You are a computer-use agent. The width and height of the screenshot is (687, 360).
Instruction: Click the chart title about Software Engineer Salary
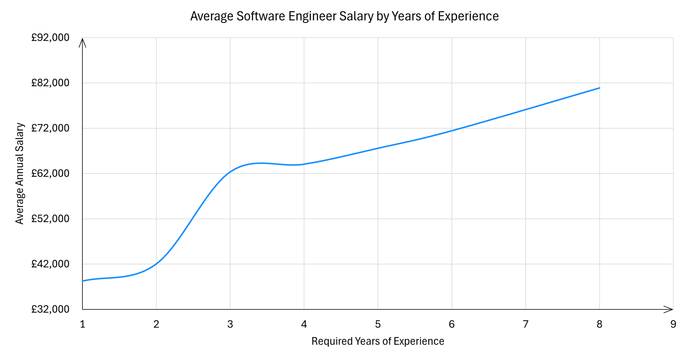tap(344, 16)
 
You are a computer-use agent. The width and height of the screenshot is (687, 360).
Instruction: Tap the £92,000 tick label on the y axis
tap(50, 38)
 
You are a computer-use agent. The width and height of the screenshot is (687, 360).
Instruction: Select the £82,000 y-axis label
tap(50, 83)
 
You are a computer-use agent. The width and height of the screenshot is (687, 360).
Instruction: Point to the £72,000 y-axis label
tap(50, 128)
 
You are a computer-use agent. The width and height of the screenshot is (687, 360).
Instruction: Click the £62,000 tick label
tap(50, 173)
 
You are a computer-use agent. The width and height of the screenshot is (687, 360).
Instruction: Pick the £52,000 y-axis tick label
tap(50, 219)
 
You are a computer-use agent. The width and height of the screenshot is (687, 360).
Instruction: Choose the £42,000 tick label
tap(50, 264)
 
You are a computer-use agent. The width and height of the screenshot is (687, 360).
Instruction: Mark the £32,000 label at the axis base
tap(50, 309)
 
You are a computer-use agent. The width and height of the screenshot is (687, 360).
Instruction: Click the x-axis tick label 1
tap(83, 324)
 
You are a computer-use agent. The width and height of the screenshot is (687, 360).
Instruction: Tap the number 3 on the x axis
tap(230, 324)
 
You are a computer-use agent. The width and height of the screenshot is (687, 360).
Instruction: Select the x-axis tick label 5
tap(378, 324)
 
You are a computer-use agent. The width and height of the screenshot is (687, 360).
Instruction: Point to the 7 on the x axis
tap(526, 324)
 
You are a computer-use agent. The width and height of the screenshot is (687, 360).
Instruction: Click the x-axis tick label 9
tap(673, 324)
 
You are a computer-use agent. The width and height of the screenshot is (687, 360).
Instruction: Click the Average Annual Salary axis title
tap(20, 173)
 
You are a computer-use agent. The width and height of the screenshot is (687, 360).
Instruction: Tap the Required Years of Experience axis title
tap(378, 341)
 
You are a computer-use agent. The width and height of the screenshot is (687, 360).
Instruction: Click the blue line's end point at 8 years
tap(599, 88)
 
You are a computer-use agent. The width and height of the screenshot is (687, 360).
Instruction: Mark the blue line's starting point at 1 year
tap(83, 281)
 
